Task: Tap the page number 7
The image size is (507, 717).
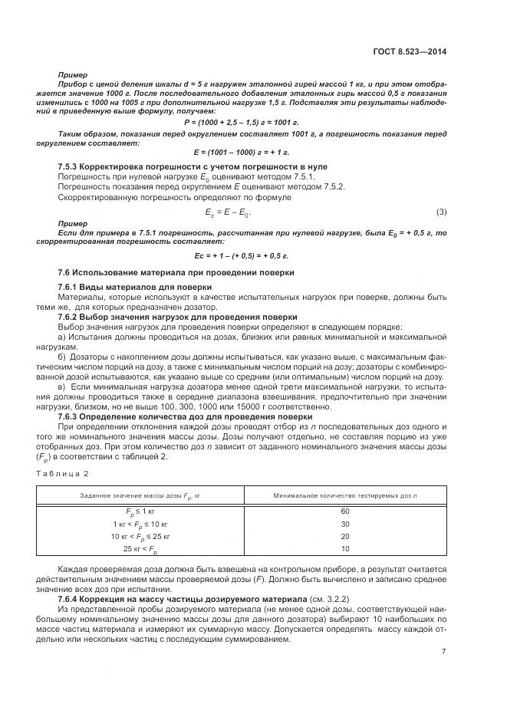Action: [x=443, y=652]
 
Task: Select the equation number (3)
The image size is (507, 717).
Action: [x=441, y=212]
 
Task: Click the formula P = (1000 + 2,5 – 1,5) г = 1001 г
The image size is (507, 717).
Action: [x=242, y=122]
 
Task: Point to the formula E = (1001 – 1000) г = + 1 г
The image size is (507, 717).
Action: [x=242, y=151]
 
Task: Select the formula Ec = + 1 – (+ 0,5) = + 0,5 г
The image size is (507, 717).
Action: [x=242, y=255]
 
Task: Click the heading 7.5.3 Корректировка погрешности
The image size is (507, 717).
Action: [x=182, y=166]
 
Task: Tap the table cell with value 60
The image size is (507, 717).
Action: [x=344, y=511]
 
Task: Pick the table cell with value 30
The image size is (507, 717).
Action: [x=344, y=524]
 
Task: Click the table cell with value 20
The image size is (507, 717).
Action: [x=344, y=537]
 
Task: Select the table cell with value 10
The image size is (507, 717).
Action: [x=344, y=549]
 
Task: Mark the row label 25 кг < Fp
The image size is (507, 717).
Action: [x=140, y=550]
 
